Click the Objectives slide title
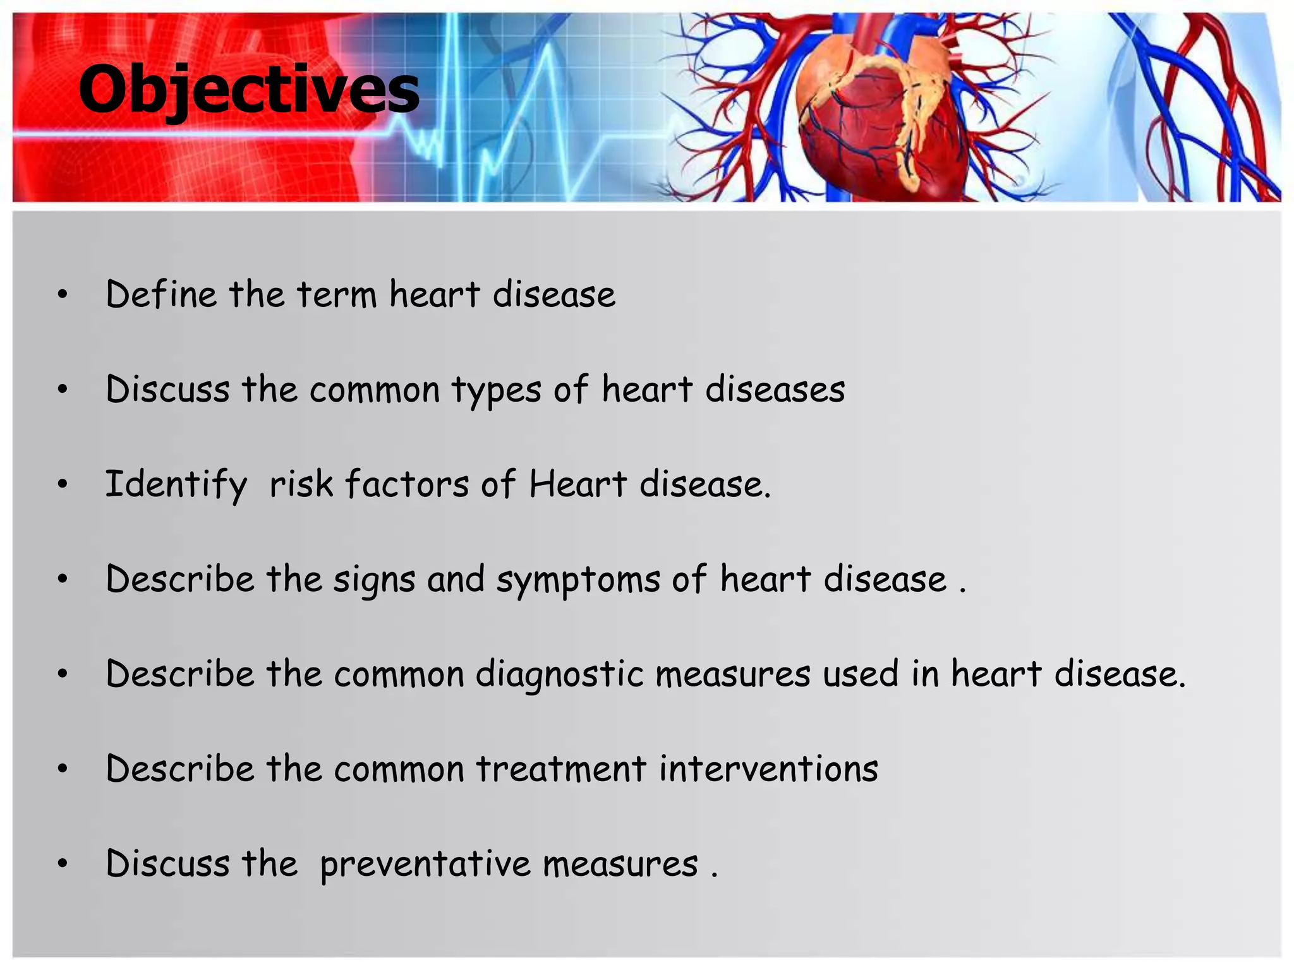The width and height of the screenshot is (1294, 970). (x=248, y=90)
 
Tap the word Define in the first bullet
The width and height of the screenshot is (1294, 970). (x=161, y=294)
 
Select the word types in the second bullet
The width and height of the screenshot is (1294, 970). (x=496, y=390)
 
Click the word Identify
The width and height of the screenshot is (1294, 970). (x=176, y=484)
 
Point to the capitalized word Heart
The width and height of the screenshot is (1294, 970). (x=577, y=484)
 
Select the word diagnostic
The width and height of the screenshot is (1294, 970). (x=559, y=674)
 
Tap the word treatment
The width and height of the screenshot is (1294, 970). (x=560, y=769)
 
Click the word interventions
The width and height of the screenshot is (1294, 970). (x=768, y=769)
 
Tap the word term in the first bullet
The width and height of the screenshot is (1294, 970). (x=336, y=294)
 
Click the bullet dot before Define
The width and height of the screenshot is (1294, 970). (x=62, y=295)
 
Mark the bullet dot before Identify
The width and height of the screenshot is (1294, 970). (x=62, y=485)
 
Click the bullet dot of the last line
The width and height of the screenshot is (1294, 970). (x=62, y=864)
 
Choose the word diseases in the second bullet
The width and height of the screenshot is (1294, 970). (x=775, y=389)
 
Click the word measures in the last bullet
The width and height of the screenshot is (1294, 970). (x=620, y=864)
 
